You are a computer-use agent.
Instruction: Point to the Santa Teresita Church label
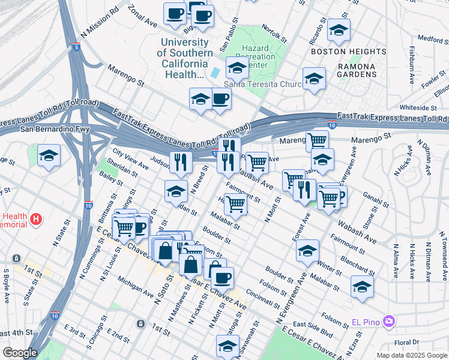coord(262,85)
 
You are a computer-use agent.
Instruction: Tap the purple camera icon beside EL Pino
coord(389,322)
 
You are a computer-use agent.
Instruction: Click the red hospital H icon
coord(36,220)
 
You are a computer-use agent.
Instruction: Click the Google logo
coord(20,353)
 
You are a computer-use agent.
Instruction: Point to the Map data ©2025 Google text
coord(411,355)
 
